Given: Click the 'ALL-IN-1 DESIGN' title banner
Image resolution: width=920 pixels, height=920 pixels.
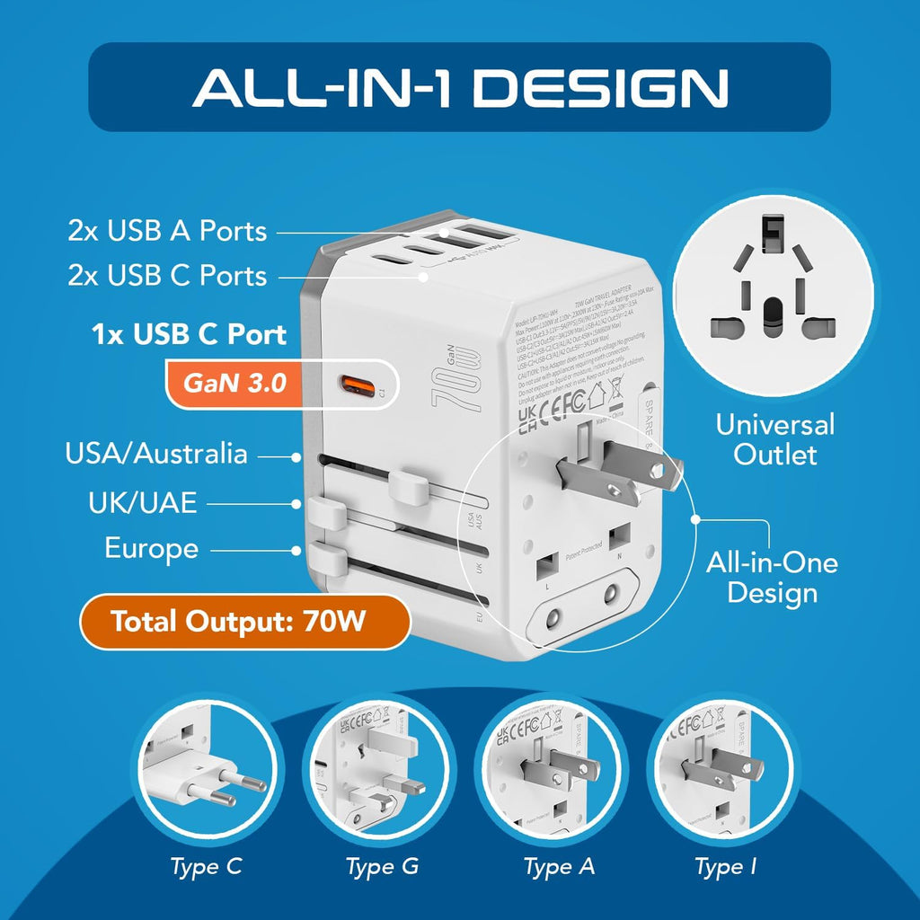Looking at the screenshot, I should pos(459,87).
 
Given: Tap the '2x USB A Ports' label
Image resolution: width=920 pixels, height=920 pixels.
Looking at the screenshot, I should pos(167,231).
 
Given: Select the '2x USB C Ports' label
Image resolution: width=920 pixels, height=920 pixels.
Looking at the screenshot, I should pos(167,275).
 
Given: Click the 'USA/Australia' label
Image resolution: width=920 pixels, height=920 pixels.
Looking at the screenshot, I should pos(155,453).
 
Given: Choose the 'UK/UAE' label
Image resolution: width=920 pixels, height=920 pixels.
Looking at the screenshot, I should pos(142,502).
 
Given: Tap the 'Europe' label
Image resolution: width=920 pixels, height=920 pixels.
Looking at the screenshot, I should pos(151,548).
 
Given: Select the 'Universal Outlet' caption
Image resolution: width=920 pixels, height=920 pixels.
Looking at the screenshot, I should pos(774,438).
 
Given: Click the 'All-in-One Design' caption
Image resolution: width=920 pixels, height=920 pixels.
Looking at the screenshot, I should pos(772,578).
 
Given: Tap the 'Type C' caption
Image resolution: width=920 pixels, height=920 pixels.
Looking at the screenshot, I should pos(206,867).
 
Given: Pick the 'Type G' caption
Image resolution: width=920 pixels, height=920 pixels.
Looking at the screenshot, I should pos(382,867).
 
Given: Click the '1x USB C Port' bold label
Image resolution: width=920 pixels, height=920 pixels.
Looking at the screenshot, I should pos(189,335).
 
